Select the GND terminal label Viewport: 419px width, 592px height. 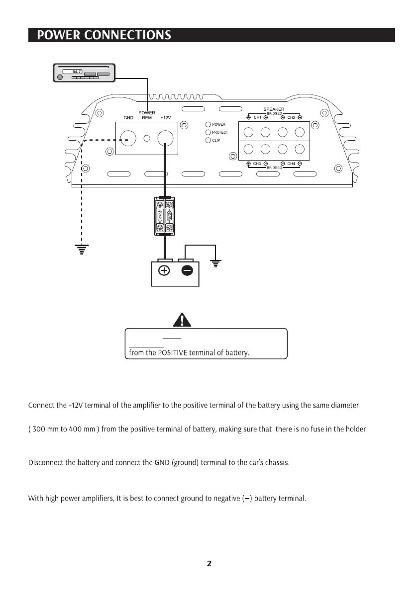tap(128, 118)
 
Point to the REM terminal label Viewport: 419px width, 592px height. tap(146, 118)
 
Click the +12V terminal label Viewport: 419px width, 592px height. tap(165, 118)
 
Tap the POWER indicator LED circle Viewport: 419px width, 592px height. tap(208, 124)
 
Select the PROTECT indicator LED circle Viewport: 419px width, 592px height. tap(208, 132)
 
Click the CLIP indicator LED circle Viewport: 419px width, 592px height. tap(208, 140)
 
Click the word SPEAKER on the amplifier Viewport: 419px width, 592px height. tap(274, 109)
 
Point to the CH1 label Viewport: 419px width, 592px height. tap(257, 117)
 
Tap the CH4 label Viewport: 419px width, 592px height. tap(291, 164)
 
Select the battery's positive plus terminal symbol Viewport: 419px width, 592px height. tap(164, 270)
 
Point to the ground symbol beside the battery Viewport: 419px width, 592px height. tap(215, 263)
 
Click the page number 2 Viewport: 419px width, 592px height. tap(209, 564)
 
